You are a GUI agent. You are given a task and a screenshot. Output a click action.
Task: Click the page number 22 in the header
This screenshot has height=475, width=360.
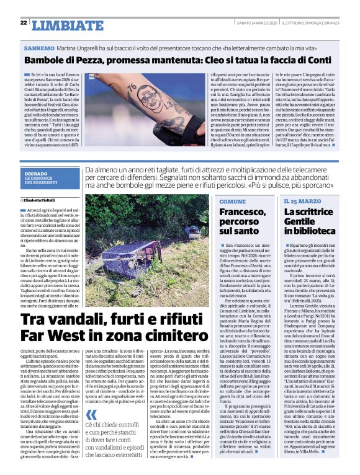point(24,23)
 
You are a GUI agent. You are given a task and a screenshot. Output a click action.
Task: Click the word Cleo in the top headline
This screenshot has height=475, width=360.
point(220,60)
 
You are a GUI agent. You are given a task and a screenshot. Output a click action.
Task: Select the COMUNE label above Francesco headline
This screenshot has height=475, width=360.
point(232,202)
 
